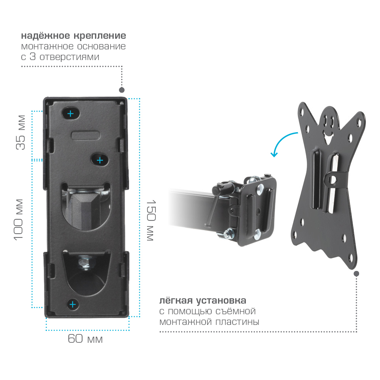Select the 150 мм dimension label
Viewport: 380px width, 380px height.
(x=151, y=220)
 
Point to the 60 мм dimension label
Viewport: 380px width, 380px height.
(x=85, y=339)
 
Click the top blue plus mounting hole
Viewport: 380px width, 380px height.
(x=71, y=113)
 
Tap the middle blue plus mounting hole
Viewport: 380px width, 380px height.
(x=100, y=160)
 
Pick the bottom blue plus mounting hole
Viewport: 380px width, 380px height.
(x=73, y=304)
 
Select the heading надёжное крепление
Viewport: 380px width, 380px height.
(x=73, y=36)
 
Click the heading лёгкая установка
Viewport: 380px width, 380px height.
(x=203, y=301)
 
